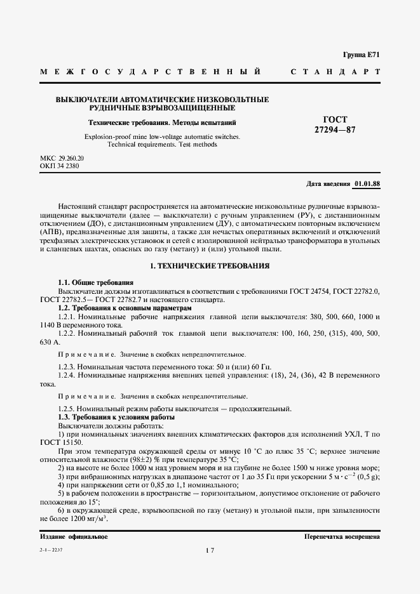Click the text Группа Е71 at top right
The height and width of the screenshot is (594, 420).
coord(362,55)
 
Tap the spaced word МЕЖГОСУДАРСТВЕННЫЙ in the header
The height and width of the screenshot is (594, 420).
coord(150,72)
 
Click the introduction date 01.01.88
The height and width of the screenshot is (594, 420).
coord(367,184)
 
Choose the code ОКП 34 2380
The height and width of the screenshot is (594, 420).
coord(60,166)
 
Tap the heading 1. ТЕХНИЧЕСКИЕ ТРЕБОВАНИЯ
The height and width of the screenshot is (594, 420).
coord(210,266)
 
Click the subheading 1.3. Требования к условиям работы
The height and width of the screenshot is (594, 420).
coord(116,418)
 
